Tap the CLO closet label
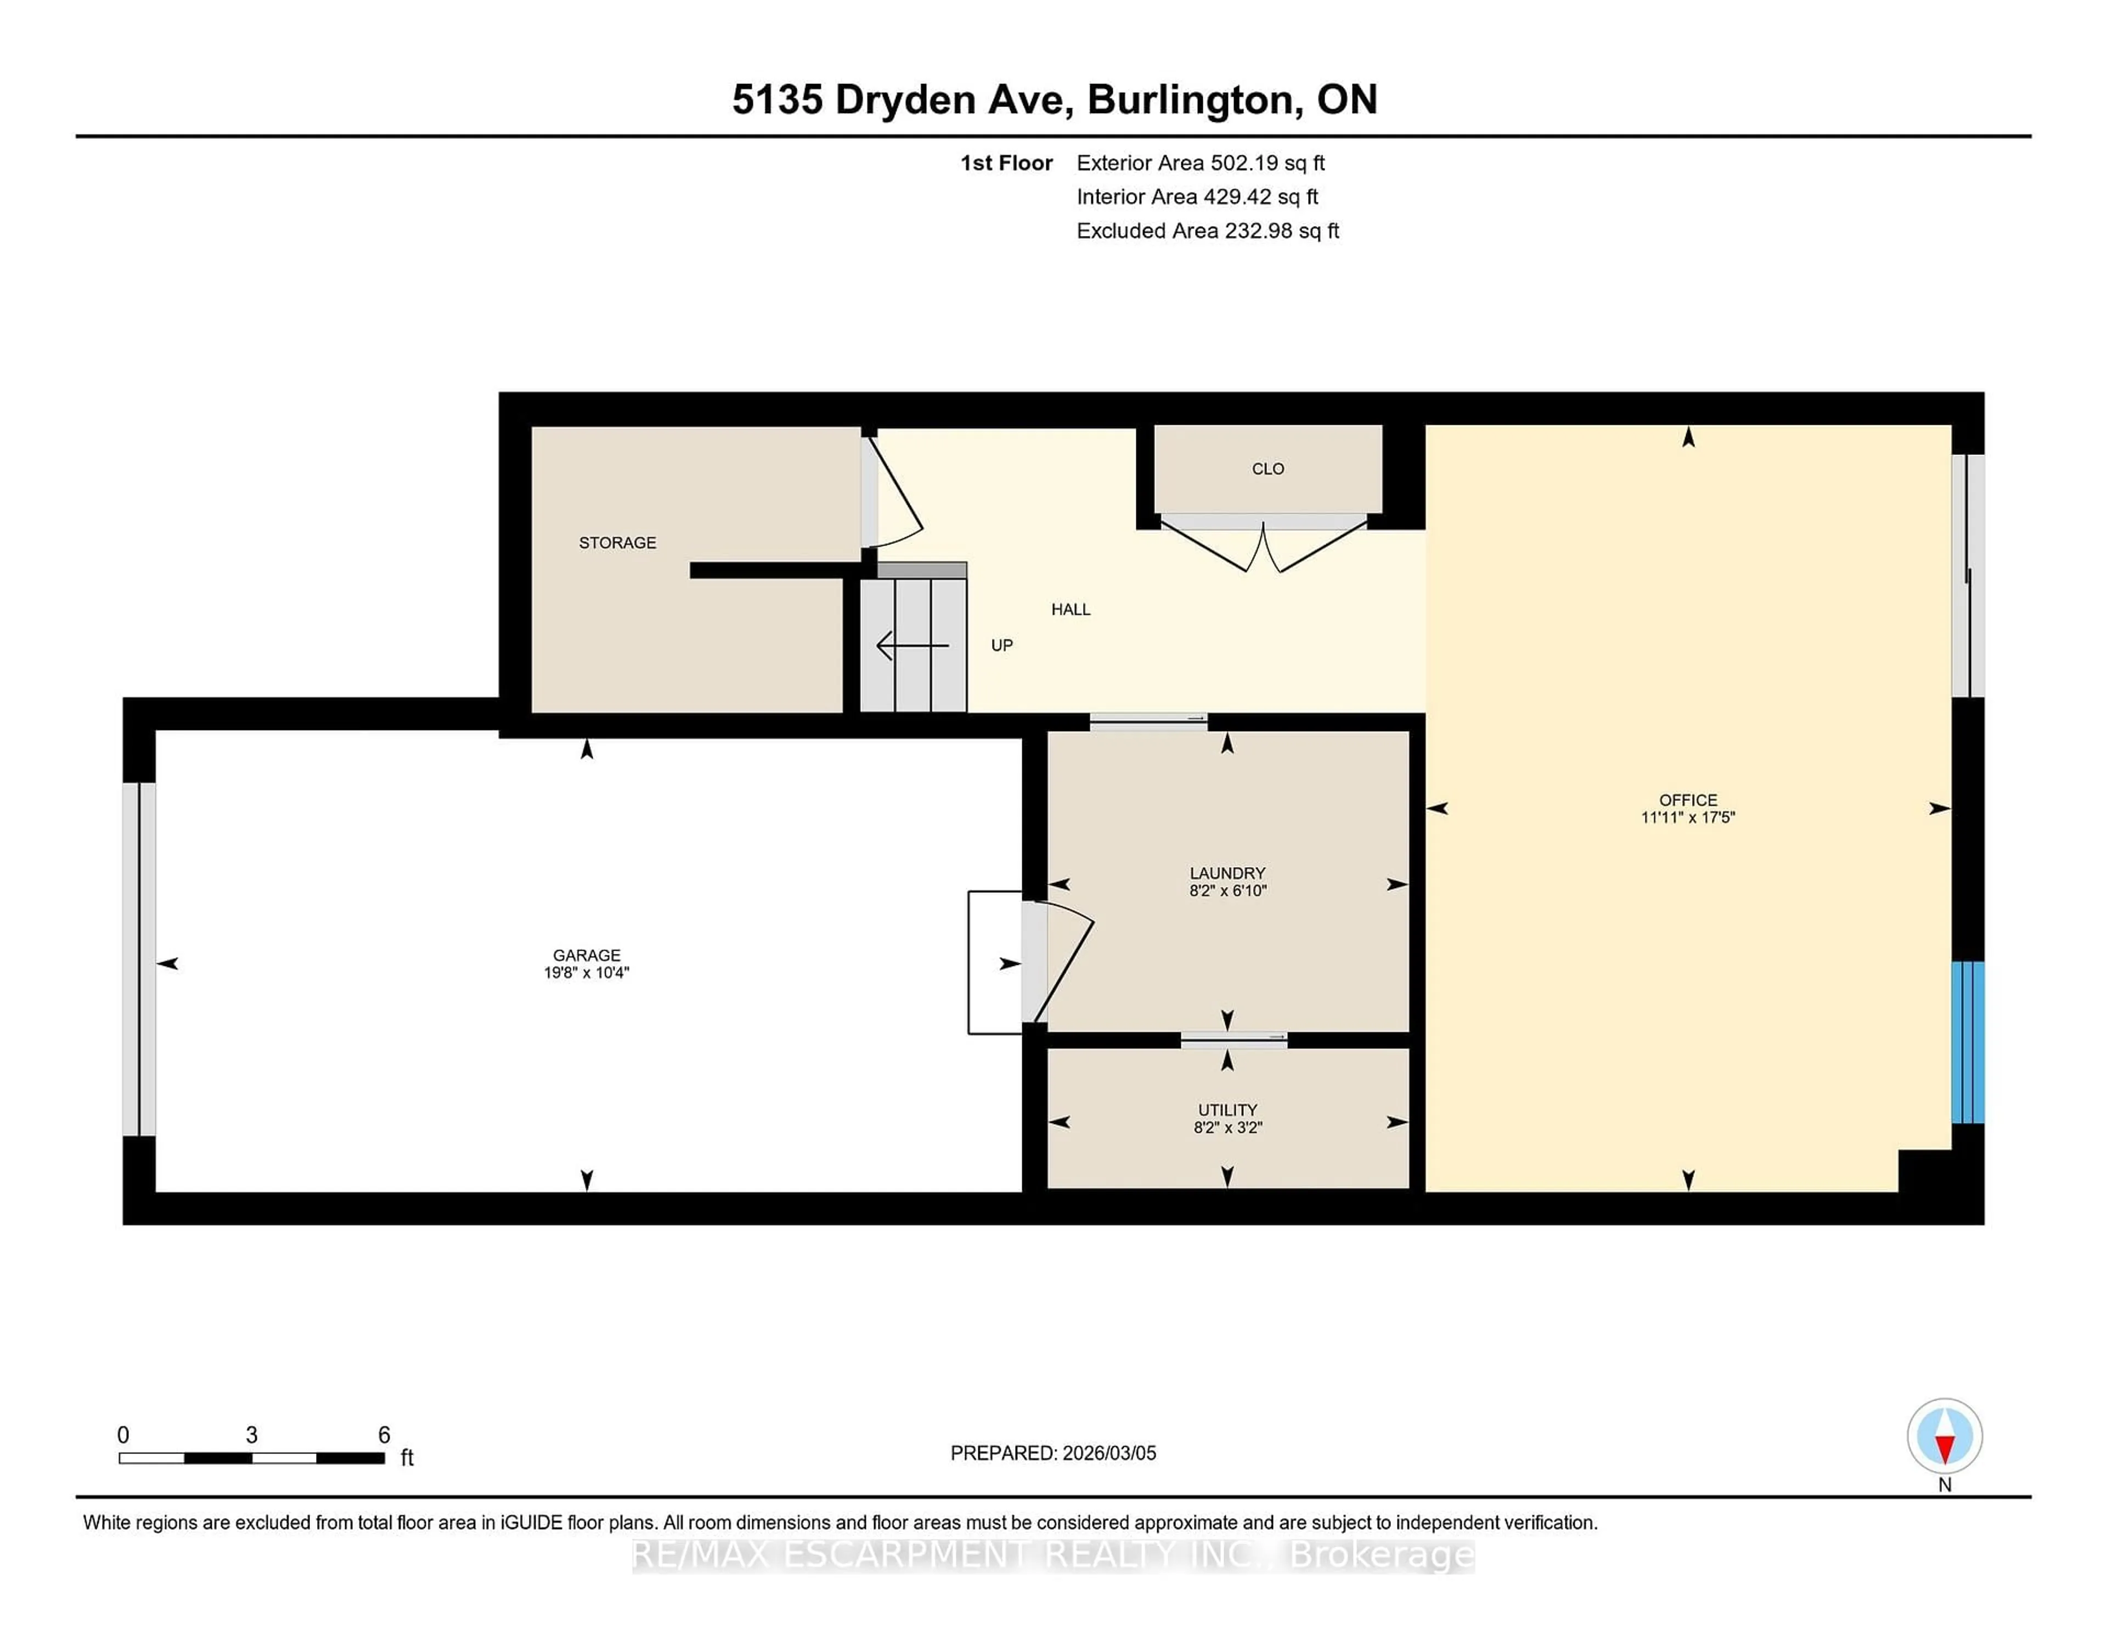tap(1267, 469)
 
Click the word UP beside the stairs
tap(1001, 645)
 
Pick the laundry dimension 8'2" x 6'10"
tap(1227, 891)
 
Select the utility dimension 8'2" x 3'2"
tap(1227, 1127)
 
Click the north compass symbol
tap(1944, 1436)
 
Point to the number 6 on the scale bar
tap(384, 1435)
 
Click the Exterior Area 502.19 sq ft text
tap(1200, 163)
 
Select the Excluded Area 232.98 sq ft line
tap(1207, 231)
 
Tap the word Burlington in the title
tap(1191, 99)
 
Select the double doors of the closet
tap(1263, 545)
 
